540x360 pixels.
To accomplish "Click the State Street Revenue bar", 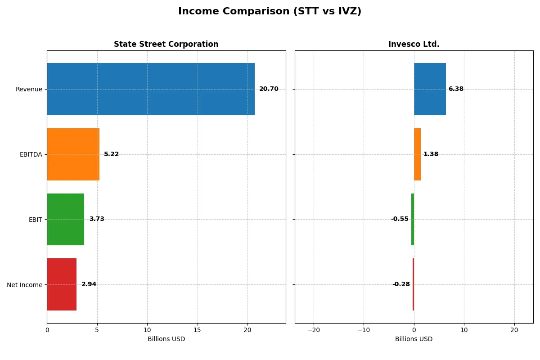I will click(151, 89).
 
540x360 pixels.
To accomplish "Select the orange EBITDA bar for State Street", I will click(73, 154).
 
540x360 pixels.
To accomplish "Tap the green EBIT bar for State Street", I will click(65, 219).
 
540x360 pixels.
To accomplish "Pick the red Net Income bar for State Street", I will click(62, 284).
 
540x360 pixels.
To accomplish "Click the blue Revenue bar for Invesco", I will click(430, 89).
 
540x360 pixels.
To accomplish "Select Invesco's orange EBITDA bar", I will click(417, 154).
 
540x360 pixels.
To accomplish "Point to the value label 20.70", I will click(269, 89).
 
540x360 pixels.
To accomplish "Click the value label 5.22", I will click(111, 154).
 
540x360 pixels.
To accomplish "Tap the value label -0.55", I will click(400, 219).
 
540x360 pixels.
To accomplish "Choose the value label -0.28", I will click(401, 284).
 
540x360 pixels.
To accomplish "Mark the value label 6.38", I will click(456, 89).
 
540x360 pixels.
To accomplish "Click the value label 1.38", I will click(431, 154).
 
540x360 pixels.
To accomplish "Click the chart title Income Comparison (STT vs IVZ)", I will click(270, 11).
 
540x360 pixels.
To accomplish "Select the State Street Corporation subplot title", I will click(166, 45).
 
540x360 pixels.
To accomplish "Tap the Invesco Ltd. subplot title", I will click(414, 45).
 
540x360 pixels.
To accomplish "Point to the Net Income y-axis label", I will click(25, 285).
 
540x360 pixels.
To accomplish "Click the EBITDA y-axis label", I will click(31, 155).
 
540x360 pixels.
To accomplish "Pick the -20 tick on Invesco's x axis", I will click(314, 330).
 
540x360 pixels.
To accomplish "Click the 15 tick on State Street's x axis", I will click(197, 330).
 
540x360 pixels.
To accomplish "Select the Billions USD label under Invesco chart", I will click(414, 339).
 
